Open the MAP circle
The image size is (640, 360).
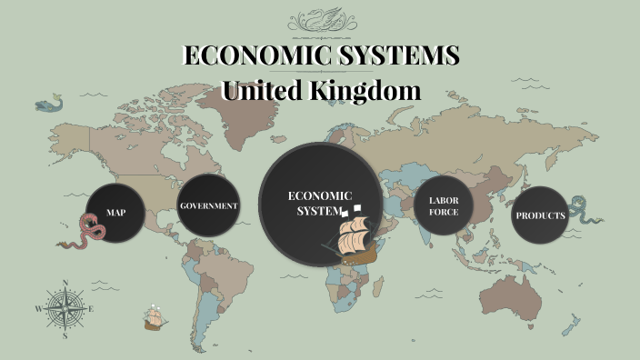tap(116, 213)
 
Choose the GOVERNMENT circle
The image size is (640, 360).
tap(209, 206)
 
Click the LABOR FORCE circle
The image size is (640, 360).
tap(445, 205)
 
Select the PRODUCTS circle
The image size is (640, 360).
tap(540, 215)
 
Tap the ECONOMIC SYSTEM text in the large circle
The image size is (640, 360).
tap(319, 203)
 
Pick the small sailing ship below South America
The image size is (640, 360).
tap(155, 318)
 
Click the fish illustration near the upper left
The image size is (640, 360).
tap(48, 105)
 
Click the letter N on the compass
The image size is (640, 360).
tap(65, 283)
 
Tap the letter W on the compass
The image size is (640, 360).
tap(39, 309)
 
